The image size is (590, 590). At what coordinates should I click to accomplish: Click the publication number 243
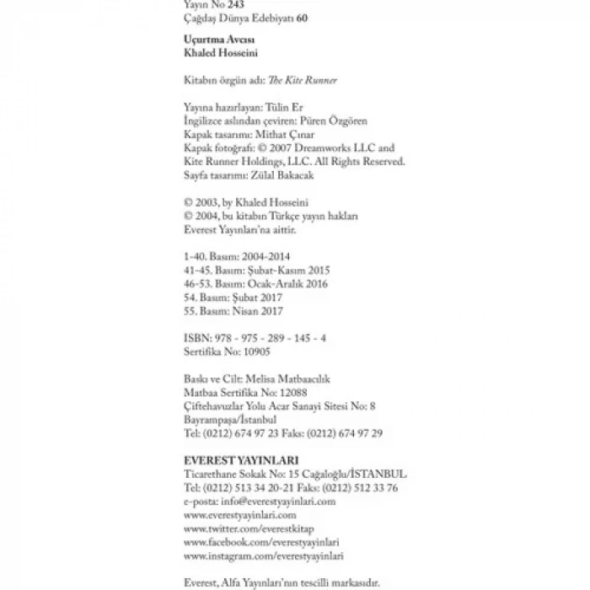tap(224, 5)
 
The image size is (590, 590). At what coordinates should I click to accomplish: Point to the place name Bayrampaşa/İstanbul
tap(230, 419)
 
